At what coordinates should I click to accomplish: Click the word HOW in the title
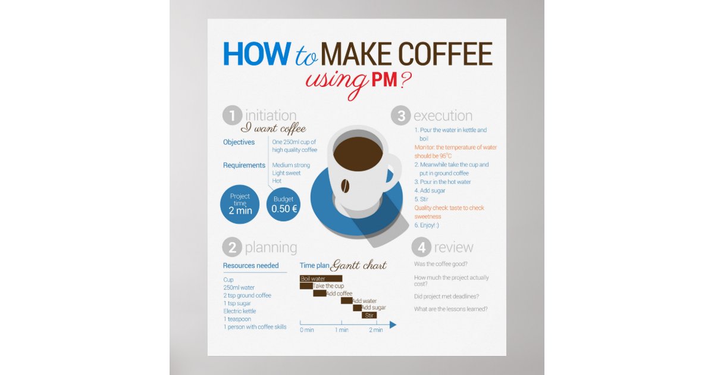tap(255, 54)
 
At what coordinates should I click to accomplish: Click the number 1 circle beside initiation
tap(232, 115)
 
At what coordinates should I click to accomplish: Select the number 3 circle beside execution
tap(401, 115)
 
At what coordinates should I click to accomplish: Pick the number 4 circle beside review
tap(421, 247)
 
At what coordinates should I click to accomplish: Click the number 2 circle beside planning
tap(232, 247)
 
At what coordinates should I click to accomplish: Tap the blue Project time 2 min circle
tap(240, 204)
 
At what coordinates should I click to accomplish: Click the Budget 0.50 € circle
tap(284, 204)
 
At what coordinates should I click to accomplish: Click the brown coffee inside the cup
tap(358, 153)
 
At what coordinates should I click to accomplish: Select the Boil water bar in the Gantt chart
tap(321, 279)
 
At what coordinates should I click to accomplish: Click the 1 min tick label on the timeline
tap(341, 330)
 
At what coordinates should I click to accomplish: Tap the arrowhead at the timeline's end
tap(393, 324)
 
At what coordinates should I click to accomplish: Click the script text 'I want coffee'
tap(273, 128)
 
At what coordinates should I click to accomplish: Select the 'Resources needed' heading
tap(250, 265)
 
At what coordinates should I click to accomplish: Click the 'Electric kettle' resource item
tap(240, 311)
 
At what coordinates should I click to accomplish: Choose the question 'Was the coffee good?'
tap(440, 264)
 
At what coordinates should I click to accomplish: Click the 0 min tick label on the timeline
tap(306, 330)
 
